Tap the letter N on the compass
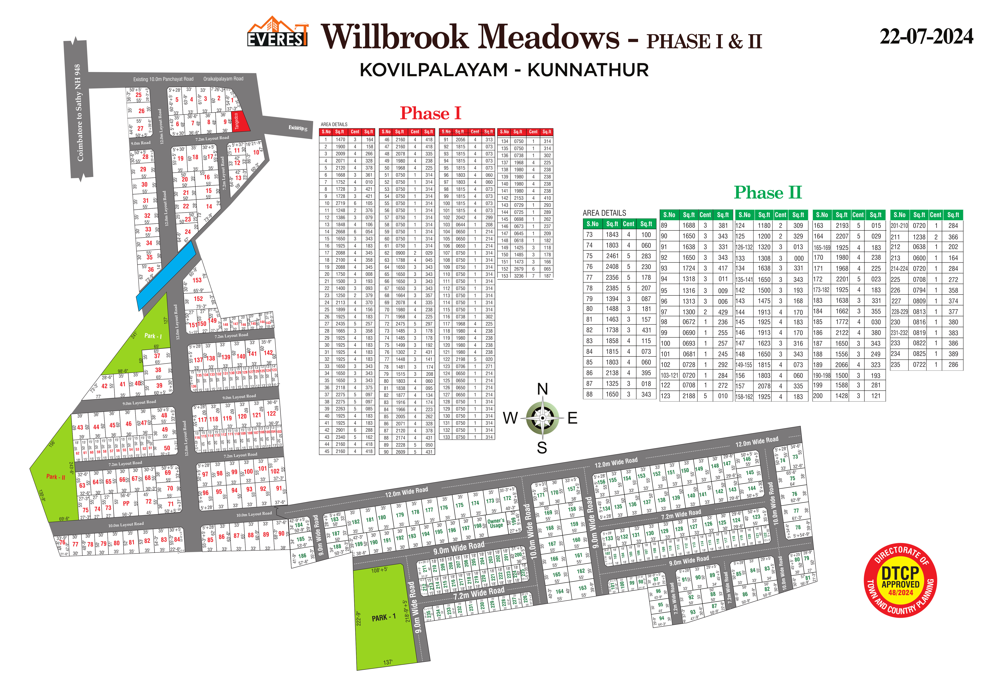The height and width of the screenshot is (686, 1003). (x=542, y=389)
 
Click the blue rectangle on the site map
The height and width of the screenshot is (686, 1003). (x=166, y=275)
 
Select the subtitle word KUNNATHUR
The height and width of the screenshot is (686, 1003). (x=588, y=70)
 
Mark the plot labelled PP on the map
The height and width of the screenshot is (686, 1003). (x=126, y=503)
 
